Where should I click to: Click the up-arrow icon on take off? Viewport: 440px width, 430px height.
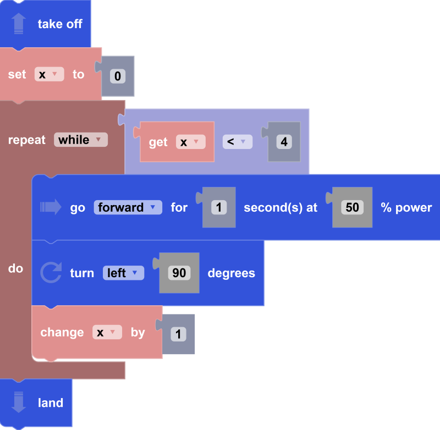point(19,24)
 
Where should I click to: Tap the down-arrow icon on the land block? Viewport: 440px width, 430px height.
point(19,403)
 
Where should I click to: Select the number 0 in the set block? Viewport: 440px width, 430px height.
point(118,76)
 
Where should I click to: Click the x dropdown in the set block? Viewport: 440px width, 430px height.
point(49,75)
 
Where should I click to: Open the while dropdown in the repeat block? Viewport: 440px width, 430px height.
point(80,140)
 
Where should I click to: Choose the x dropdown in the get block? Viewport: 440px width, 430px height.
point(190,142)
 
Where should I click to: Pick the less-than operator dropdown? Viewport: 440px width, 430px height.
point(237,142)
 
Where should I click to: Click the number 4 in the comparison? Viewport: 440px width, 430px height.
point(284,142)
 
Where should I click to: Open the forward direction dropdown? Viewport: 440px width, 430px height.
point(128,207)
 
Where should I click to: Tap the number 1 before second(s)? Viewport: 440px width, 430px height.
point(219,207)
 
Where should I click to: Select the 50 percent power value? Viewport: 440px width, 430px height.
point(352,207)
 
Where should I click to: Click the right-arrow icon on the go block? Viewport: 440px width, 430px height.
point(51,207)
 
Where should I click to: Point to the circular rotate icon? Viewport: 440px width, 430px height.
point(51,273)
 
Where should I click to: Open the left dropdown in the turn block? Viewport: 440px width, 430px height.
point(123,273)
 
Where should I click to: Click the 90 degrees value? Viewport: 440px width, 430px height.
point(179,273)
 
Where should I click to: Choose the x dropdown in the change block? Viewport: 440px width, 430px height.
point(107,332)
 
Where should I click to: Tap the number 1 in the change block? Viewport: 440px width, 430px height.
point(178,334)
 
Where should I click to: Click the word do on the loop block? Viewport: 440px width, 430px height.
point(15,268)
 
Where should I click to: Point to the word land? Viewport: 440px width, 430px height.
point(51,403)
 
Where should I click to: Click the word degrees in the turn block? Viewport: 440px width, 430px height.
point(231,273)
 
